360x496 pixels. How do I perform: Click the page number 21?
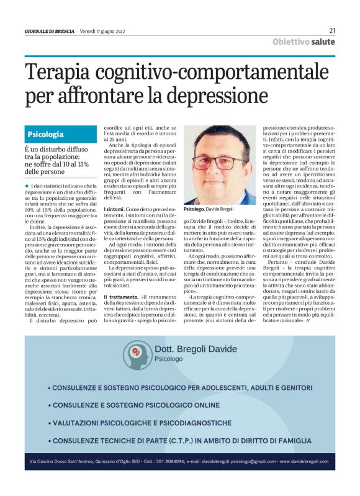point(332,30)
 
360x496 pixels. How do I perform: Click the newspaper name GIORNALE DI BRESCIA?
point(50,31)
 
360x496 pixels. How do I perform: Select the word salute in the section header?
point(322,42)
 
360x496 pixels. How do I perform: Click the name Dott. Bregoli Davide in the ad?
point(196,349)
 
